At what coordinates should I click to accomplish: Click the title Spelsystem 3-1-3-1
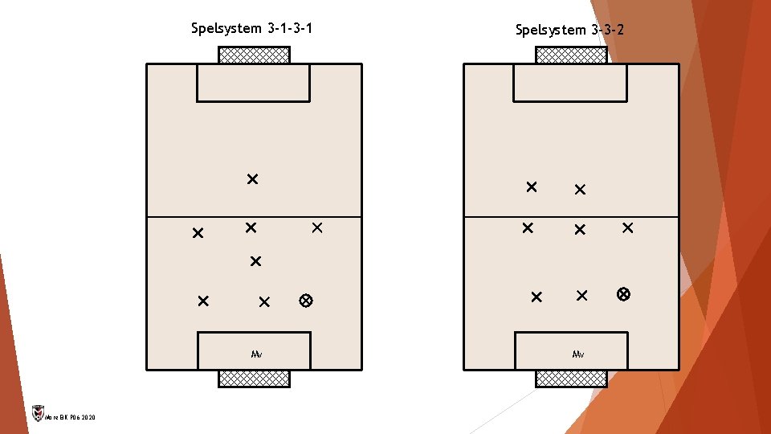pos(252,29)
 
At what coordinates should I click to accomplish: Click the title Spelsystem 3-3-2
pos(570,31)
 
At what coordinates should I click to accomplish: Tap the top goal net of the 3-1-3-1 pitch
pos(254,55)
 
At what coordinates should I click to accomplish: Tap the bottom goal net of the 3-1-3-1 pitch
pos(254,378)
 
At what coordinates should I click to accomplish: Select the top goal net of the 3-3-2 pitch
pos(571,55)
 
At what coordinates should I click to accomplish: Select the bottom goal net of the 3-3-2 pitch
pos(571,378)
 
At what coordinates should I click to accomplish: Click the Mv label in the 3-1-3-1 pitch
pos(256,354)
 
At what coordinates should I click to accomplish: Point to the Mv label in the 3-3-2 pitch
pos(578,354)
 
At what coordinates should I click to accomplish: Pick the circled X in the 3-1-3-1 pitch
pos(305,301)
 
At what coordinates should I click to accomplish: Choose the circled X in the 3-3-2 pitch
pos(623,294)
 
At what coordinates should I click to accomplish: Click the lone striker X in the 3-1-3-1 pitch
pos(252,178)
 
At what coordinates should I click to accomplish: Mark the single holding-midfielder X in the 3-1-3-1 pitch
pos(255,261)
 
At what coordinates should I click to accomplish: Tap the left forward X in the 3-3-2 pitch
pos(531,186)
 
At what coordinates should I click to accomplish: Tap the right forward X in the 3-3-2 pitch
pos(580,190)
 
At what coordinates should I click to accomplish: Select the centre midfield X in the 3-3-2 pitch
pos(579,230)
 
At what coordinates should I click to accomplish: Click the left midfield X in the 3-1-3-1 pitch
pos(198,233)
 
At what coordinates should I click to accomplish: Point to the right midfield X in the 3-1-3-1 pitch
pos(316,228)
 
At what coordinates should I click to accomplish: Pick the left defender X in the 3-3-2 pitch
pos(536,297)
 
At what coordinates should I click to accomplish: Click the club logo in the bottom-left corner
pos(36,414)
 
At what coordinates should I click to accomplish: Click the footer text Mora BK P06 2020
pos(70,418)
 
